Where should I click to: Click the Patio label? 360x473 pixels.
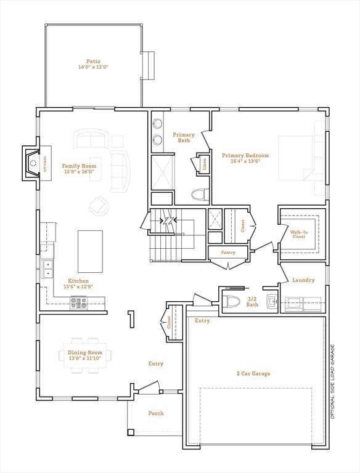point(93,61)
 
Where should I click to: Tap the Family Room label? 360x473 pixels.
point(79,166)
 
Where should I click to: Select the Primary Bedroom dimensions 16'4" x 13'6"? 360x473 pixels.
point(245,161)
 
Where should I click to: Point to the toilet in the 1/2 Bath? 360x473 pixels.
point(231,301)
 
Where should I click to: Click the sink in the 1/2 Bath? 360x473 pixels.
point(272,301)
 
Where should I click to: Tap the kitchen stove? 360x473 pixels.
point(78,302)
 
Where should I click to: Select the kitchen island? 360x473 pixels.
point(90,251)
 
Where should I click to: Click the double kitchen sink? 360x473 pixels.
point(47,269)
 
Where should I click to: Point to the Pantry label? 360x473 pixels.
point(228,253)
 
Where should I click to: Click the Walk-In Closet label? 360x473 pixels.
point(299,235)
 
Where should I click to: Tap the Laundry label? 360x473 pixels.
point(303,280)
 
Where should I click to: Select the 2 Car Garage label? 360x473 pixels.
point(253,374)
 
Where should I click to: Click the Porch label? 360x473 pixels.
point(156,414)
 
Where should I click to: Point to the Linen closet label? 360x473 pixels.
point(205,164)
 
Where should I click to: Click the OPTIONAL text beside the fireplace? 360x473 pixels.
point(45,164)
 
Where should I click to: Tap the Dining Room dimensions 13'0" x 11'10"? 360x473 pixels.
point(85,358)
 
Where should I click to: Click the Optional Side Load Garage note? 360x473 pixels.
point(332,382)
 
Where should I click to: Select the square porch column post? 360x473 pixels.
point(131,432)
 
